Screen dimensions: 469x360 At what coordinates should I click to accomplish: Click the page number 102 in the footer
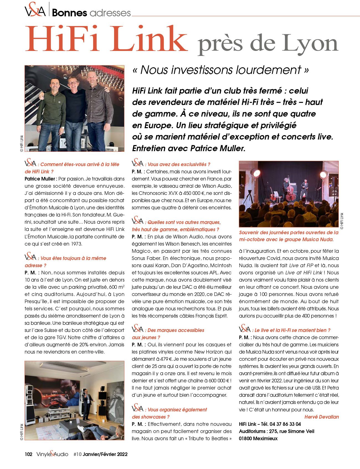[x=29, y=454]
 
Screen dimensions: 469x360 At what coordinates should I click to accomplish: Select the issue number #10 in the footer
[x=78, y=454]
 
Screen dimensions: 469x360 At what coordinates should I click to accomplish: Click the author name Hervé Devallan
[x=322, y=417]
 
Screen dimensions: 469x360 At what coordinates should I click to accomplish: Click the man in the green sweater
[x=52, y=111]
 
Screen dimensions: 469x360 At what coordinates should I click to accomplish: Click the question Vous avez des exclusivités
[x=179, y=164]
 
